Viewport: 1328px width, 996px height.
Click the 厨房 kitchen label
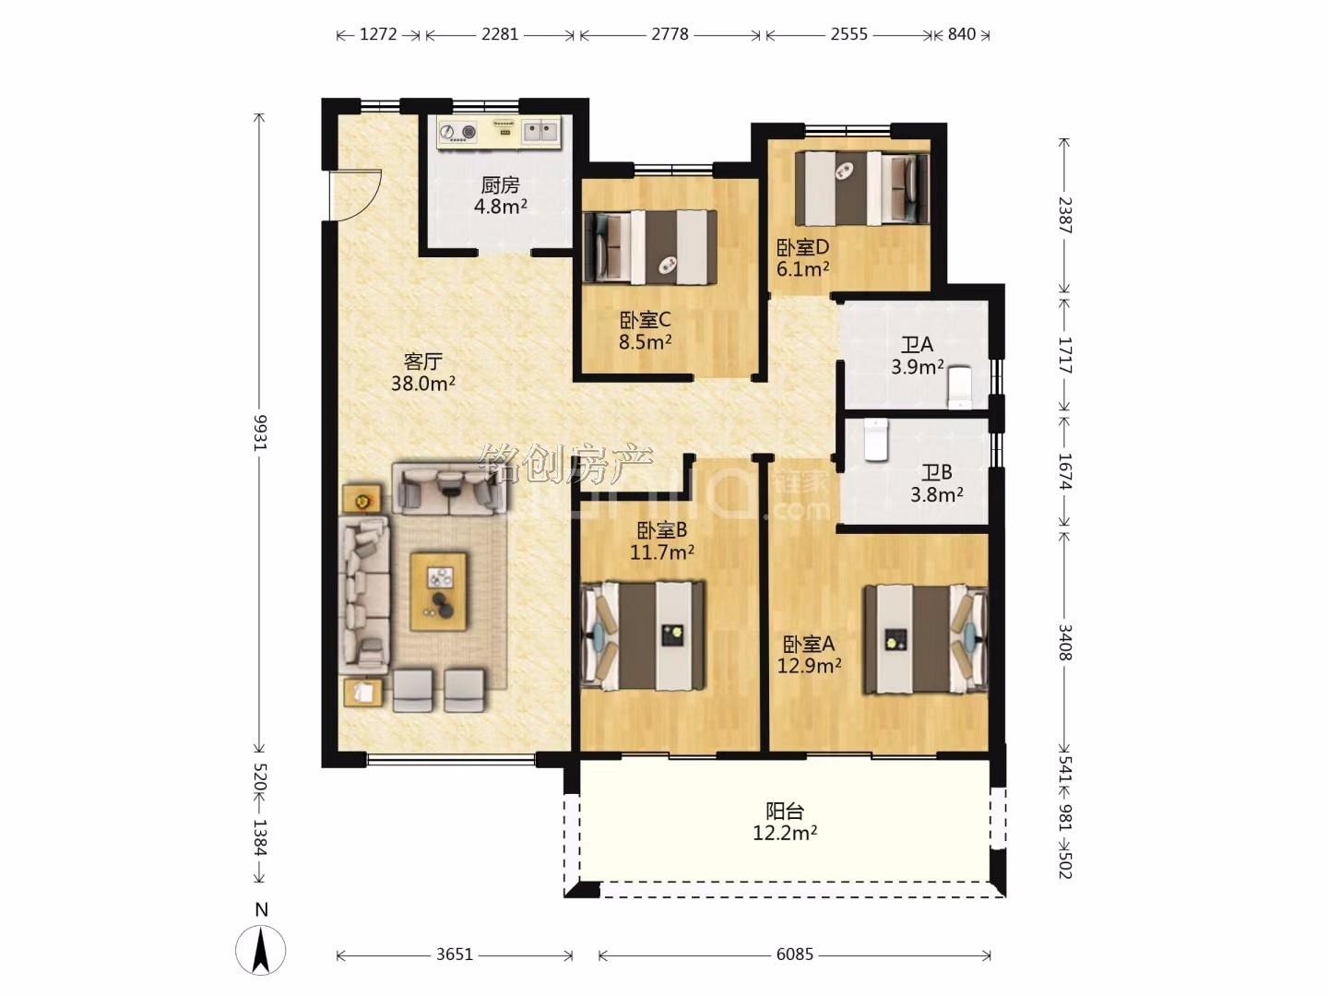[x=500, y=184]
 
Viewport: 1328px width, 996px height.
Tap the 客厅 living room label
[x=423, y=361]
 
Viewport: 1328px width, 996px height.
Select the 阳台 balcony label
[x=785, y=811]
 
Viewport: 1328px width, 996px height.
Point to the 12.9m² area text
[x=809, y=666]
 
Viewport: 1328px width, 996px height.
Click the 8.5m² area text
[x=645, y=342]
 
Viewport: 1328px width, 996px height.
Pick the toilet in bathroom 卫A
[x=959, y=387]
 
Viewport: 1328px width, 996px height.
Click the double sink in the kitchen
[x=540, y=133]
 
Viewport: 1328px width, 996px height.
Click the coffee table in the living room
[x=439, y=591]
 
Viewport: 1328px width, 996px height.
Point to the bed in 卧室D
[x=861, y=188]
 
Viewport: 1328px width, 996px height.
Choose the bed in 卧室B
[x=643, y=635]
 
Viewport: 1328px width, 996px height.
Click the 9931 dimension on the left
[x=260, y=433]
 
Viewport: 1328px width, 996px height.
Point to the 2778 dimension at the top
[x=670, y=34]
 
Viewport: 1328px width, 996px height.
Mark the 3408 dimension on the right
[x=1064, y=643]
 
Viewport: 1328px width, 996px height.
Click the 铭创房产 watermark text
[x=566, y=465]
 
